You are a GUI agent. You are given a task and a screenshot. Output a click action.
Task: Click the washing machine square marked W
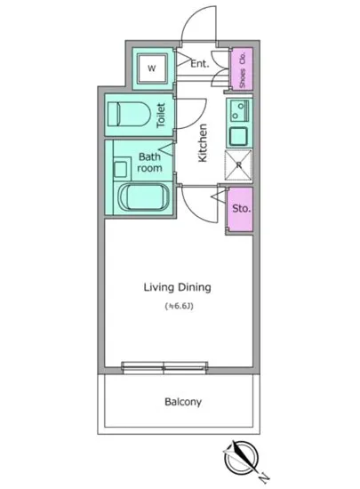(x=153, y=68)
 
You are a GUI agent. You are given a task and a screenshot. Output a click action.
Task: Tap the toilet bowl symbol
(x=129, y=114)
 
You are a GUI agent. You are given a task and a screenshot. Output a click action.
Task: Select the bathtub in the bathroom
(x=144, y=197)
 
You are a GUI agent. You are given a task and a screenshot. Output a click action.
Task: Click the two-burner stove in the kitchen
(x=239, y=110)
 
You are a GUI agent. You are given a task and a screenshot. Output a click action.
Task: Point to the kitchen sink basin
(x=239, y=136)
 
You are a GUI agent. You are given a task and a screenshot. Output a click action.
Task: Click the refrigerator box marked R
(x=238, y=165)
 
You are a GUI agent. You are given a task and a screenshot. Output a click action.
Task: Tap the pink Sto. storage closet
(x=239, y=209)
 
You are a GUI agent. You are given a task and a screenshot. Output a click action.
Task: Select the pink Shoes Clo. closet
(x=241, y=69)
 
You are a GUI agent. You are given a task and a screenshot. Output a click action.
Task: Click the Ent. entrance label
(x=200, y=64)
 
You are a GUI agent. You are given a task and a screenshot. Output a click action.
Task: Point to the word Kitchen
(x=203, y=143)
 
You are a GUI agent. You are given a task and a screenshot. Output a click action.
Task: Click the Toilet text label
(x=161, y=115)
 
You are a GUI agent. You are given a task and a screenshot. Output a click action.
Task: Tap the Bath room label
(x=150, y=162)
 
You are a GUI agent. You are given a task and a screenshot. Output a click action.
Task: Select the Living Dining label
(x=178, y=287)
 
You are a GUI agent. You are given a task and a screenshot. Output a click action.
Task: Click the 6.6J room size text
(x=180, y=306)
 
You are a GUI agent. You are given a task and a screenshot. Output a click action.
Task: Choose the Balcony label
(x=183, y=402)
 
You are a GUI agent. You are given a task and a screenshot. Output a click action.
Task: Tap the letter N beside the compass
(x=264, y=477)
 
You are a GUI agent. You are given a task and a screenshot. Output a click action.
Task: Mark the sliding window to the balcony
(x=164, y=367)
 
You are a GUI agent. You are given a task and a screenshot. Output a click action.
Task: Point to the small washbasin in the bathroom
(x=120, y=169)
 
